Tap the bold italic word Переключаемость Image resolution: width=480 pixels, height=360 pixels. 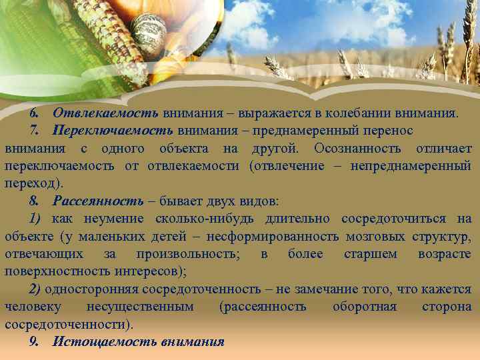113,131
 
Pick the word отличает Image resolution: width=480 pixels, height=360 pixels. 443,148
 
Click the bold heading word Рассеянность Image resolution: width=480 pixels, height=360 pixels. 98,201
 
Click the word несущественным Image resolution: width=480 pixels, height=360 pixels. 141,307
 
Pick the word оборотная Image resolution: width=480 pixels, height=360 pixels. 364,307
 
